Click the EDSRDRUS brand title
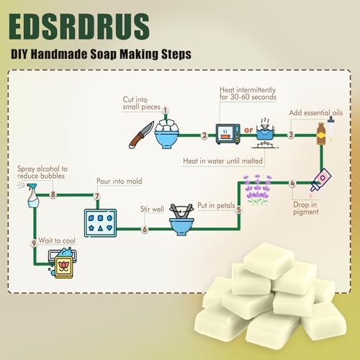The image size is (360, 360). [79, 27]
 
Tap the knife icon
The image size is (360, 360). [141, 135]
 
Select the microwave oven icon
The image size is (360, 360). [228, 134]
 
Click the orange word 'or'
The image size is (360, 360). [248, 130]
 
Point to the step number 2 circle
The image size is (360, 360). [204, 135]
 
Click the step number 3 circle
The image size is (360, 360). [291, 135]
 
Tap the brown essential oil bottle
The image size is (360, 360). [321, 133]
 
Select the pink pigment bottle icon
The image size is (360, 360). [320, 179]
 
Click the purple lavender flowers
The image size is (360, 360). [257, 189]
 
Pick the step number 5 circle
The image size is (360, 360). [238, 210]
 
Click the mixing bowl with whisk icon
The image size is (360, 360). [181, 220]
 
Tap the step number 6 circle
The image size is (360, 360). [145, 229]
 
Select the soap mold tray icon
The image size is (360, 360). [100, 223]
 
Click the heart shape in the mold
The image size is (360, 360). [109, 228]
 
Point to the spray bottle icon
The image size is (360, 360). [32, 196]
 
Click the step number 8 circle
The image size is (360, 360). [53, 194]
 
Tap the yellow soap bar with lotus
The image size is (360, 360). [63, 267]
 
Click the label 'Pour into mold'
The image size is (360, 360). [120, 181]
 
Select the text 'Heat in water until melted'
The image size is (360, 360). [222, 161]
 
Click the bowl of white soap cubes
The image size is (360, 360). [167, 134]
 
